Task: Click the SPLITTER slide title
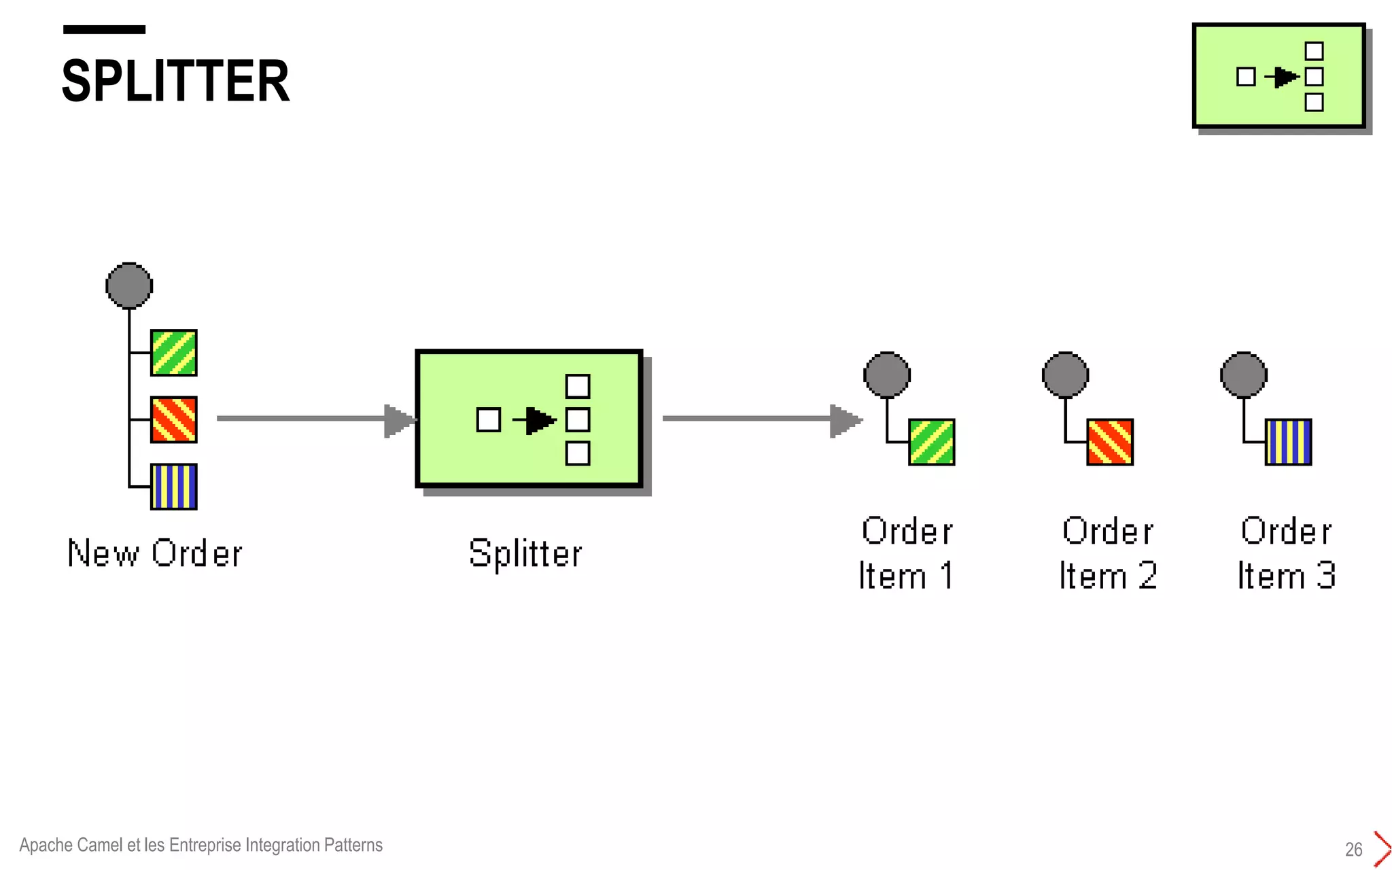tap(175, 81)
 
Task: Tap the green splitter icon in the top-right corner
tap(1278, 76)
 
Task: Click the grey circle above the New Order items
tap(129, 285)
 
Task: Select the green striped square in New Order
tap(174, 353)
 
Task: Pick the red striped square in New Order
tap(174, 420)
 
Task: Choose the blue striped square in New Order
tap(174, 487)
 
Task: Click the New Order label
tap(155, 553)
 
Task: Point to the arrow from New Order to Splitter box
tap(313, 419)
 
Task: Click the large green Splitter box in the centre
tap(529, 419)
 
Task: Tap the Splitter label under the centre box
tap(525, 553)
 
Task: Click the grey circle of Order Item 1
tap(887, 375)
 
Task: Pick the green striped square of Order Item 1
tap(932, 442)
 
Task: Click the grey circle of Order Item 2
tap(1066, 375)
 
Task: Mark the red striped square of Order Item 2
tap(1110, 442)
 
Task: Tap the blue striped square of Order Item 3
tap(1288, 442)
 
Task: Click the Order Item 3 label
tap(1286, 553)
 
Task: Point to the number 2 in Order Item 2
tap(1147, 576)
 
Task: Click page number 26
tap(1353, 850)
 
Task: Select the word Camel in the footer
tap(100, 845)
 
